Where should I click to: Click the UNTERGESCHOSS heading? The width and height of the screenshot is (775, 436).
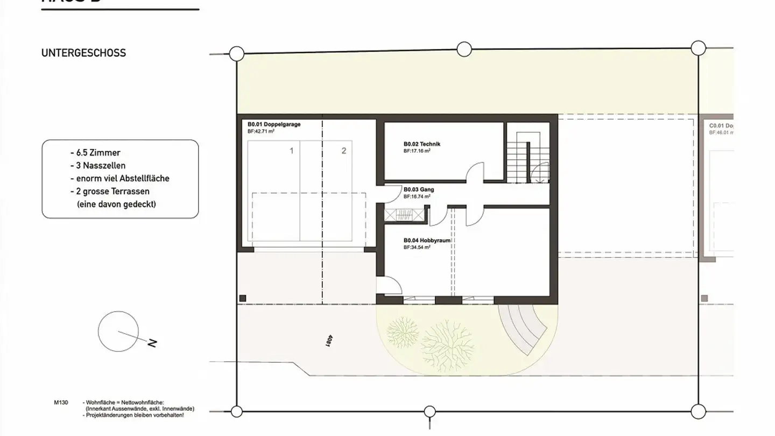tap(83, 53)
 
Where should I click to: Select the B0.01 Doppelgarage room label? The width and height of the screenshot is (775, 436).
tap(274, 124)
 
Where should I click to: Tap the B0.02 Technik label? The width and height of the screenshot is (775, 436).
tap(422, 144)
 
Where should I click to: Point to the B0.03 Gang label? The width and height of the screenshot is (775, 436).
tap(419, 189)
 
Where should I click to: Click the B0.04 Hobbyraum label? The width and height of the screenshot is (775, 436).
tap(426, 241)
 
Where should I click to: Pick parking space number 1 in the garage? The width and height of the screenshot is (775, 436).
tap(292, 151)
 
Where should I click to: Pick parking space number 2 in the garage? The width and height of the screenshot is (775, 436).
tap(344, 151)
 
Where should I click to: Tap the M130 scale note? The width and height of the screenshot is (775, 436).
tap(61, 402)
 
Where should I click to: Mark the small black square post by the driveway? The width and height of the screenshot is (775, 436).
tap(243, 298)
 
